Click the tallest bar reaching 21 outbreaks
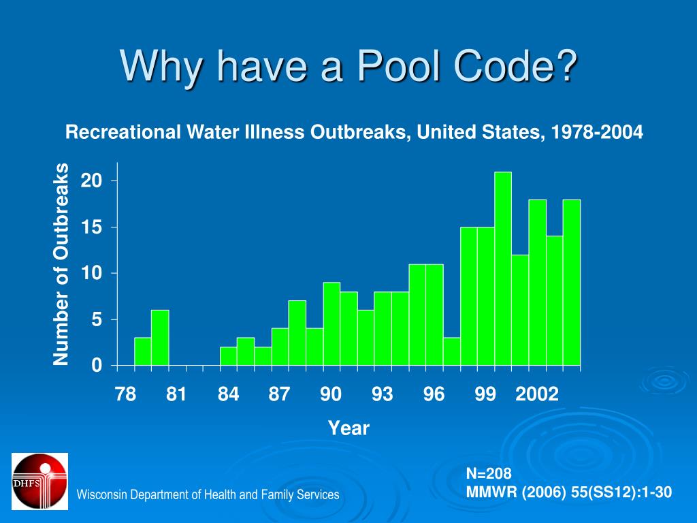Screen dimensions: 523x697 click(x=503, y=268)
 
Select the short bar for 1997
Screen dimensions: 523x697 click(x=451, y=351)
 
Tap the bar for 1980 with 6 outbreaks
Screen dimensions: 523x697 click(x=160, y=338)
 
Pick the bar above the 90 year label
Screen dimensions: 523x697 click(x=331, y=324)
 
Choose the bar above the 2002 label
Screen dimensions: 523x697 click(x=537, y=283)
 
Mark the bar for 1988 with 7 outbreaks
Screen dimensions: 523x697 click(x=297, y=333)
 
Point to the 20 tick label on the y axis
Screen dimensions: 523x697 click(x=91, y=181)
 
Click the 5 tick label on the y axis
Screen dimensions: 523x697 click(x=96, y=320)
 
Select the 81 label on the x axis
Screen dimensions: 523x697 click(x=176, y=394)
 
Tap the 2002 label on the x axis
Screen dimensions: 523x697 click(x=537, y=394)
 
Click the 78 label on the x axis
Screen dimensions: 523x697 click(x=125, y=394)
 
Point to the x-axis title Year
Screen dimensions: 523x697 click(x=348, y=428)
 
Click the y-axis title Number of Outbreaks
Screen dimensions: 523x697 click(x=62, y=264)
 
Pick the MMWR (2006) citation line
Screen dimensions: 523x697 click(x=568, y=492)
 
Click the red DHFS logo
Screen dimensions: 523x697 click(x=39, y=481)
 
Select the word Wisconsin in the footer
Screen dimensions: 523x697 click(x=101, y=495)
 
